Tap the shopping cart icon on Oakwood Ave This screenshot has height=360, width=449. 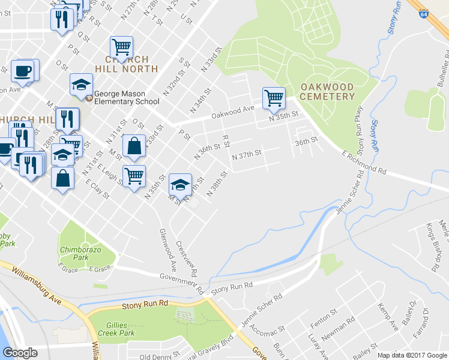coord(274,98)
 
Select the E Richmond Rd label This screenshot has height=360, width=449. coord(364,163)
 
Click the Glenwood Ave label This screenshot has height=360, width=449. coord(167,248)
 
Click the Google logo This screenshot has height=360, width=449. coord(20,353)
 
